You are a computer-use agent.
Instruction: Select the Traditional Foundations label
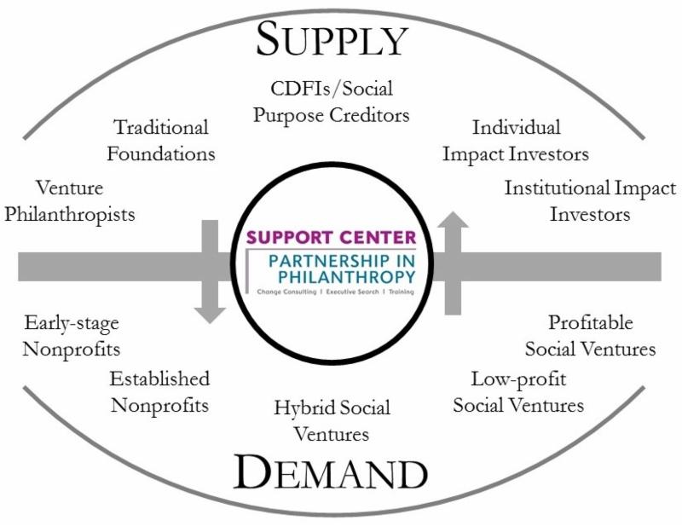[x=161, y=142]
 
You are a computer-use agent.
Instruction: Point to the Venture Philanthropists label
[x=70, y=199]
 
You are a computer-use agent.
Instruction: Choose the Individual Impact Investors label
[x=529, y=142]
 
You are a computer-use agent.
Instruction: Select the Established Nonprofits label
[x=159, y=391]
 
